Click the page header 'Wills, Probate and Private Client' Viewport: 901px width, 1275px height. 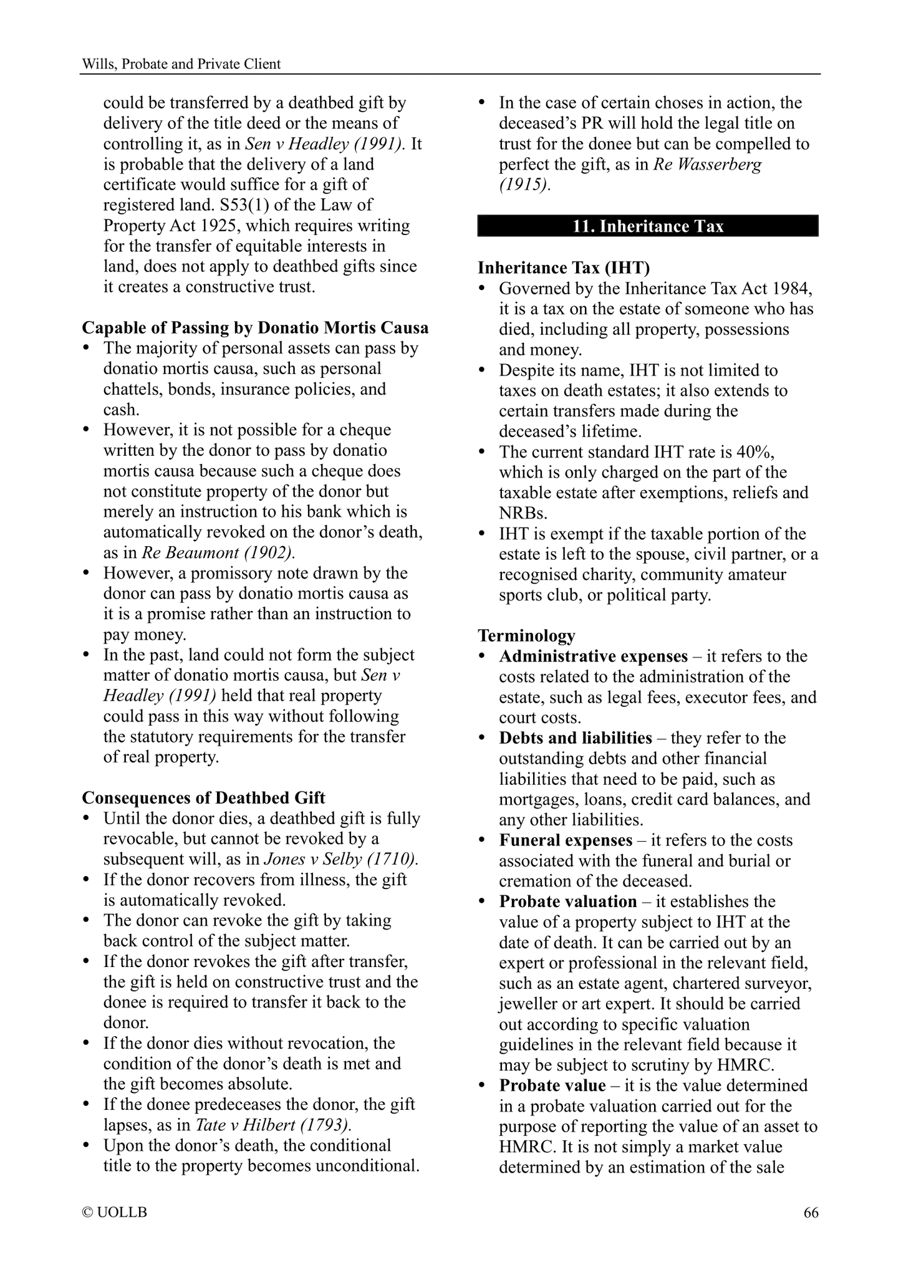click(x=181, y=64)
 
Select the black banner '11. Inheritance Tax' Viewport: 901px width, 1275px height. click(x=648, y=226)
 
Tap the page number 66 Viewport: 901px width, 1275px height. click(x=811, y=1212)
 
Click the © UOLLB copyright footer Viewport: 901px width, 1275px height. click(x=115, y=1212)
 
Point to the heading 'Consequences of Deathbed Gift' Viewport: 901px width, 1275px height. click(x=204, y=798)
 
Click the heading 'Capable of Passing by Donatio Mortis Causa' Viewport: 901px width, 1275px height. click(x=255, y=327)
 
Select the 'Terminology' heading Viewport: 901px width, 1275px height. click(x=526, y=635)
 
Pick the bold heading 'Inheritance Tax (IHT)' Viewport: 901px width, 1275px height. click(x=564, y=267)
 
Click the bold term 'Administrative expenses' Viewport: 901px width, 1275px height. click(x=593, y=656)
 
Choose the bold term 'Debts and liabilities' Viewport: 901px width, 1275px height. click(x=575, y=738)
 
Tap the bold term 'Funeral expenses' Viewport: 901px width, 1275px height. click(x=566, y=840)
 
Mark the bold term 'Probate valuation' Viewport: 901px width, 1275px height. click(x=567, y=902)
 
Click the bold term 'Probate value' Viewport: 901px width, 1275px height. click(x=552, y=1085)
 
